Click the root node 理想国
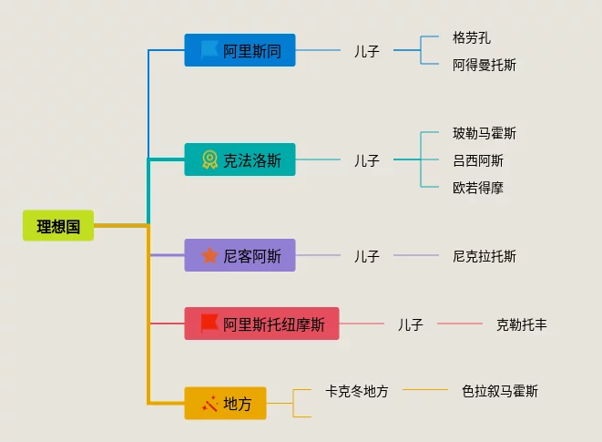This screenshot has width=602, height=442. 58,226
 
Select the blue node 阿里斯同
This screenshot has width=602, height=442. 240,51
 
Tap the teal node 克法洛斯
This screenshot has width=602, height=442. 240,160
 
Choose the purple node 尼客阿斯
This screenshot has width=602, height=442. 240,256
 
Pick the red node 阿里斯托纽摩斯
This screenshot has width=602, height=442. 262,324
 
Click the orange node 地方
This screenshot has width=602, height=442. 226,403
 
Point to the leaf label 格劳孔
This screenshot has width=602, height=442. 472,38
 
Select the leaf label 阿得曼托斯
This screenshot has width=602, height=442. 485,65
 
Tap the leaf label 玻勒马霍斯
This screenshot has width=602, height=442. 485,133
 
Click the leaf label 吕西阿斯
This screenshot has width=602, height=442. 478,160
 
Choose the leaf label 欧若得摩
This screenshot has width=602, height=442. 478,188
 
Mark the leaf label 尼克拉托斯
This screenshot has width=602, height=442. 485,256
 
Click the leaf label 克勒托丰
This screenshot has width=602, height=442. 522,324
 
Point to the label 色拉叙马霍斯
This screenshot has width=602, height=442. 500,391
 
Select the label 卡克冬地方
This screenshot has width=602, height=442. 357,391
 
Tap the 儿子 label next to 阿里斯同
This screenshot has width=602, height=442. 367,51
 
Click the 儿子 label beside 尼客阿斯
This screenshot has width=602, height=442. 367,256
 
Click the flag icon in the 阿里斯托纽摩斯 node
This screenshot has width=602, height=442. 209,323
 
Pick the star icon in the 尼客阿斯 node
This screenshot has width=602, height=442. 209,255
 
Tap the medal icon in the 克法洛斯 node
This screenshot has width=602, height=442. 209,160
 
